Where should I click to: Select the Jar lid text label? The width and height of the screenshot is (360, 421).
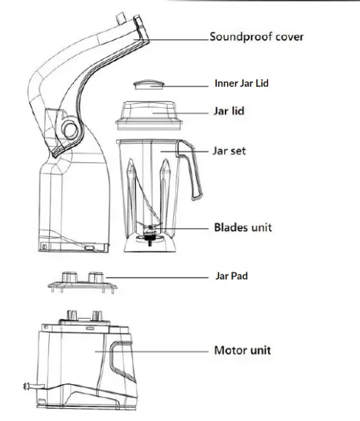coord(229,112)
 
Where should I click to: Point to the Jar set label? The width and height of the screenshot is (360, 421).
coord(229,151)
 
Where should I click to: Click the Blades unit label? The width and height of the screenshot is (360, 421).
coord(243,228)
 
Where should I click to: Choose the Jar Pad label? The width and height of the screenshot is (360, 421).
coord(231,275)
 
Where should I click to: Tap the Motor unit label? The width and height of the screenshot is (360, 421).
coord(242,351)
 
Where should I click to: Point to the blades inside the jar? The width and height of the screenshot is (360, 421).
coord(151,230)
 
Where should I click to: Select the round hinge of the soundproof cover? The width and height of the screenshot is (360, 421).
coord(71,129)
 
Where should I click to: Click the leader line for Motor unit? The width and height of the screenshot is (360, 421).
coord(171,351)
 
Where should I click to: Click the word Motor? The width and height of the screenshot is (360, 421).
coord(231,351)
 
